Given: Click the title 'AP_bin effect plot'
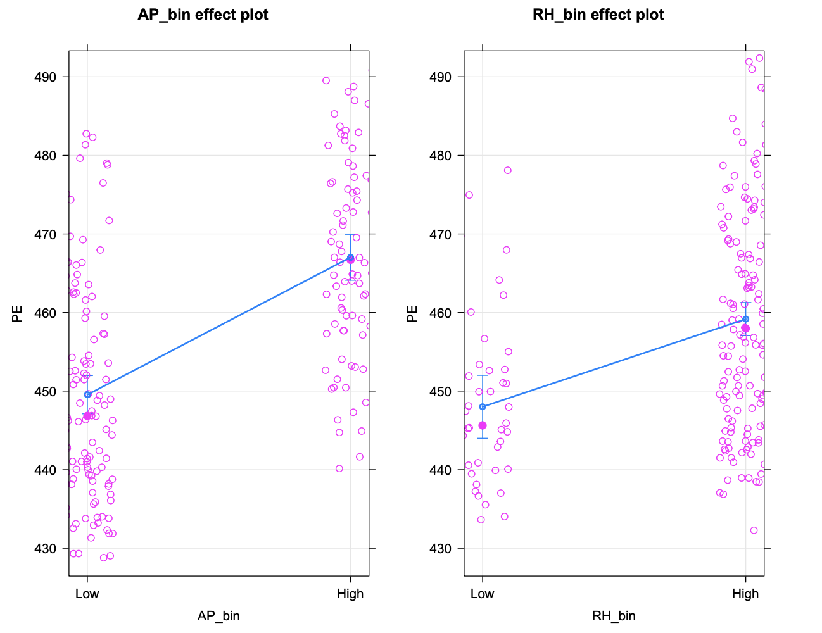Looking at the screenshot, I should pos(203,15).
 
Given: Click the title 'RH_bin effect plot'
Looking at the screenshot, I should pos(598,15).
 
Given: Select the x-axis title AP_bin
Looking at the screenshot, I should pos(218,616).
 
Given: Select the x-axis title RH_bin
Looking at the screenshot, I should pos(614,616).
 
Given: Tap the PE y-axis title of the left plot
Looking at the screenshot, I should pos(18,313).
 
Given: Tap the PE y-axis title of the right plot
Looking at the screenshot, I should pos(413,313).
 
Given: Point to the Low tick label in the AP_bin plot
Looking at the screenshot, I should pos(87,594).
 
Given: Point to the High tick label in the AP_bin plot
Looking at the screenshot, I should pos(350,594).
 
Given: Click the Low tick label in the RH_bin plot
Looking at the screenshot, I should pos(482,594).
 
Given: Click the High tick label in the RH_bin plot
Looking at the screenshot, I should pos(745,594).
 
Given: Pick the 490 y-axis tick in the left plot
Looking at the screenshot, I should pos(45,77).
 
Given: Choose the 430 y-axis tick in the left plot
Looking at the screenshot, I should pos(45,548).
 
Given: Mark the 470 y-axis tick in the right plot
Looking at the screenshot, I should pos(440,234).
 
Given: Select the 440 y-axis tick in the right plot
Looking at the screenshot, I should pos(440,470).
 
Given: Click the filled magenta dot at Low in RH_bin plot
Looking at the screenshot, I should pos(483,425).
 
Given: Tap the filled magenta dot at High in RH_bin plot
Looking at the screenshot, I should pos(745,328).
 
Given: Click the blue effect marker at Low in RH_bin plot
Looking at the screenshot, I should pos(483,406).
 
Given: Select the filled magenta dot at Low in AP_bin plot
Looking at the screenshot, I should pos(87,415).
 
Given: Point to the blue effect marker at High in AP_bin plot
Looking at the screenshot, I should pos(350,257).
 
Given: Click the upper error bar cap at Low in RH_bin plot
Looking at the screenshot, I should pos(483,375).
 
